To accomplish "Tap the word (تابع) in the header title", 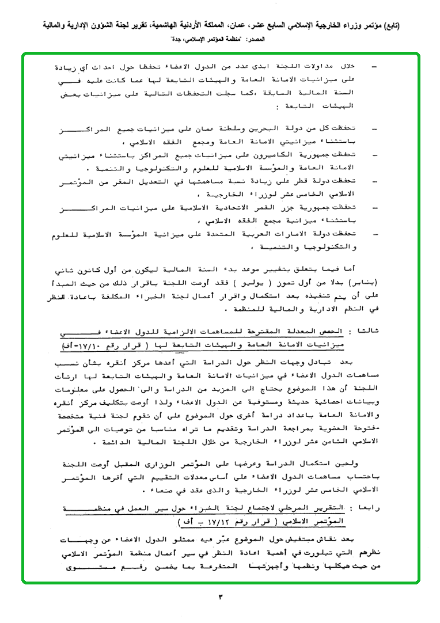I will click(x=418, y=26).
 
